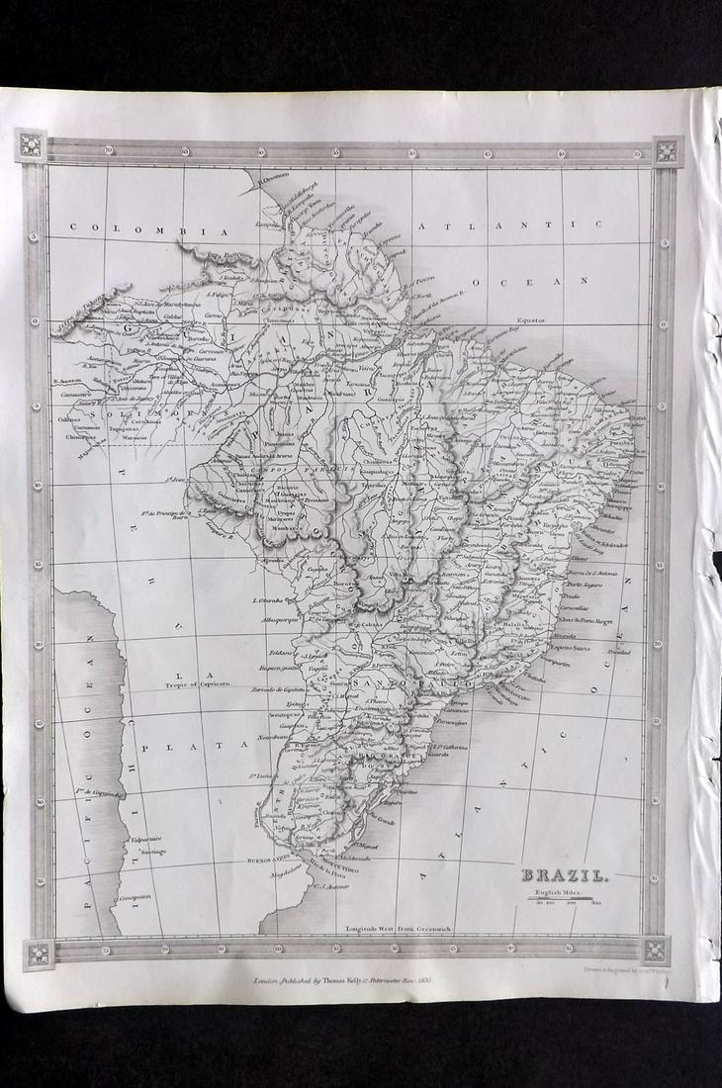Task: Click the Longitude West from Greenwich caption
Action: (x=384, y=928)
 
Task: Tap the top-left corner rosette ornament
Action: (x=31, y=145)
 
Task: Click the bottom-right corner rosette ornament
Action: (x=655, y=951)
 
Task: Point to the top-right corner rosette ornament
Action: (x=667, y=151)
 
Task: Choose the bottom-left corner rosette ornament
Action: (x=39, y=954)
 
